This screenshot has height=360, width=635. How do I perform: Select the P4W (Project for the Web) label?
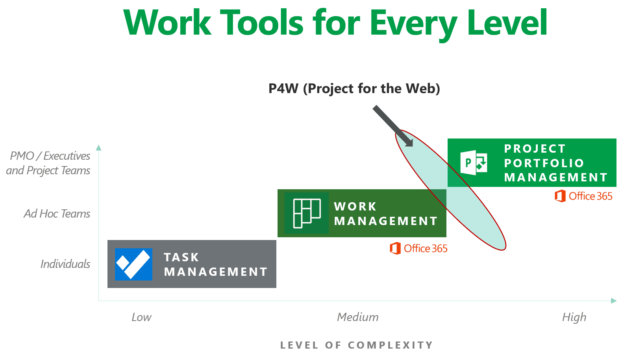click(x=354, y=89)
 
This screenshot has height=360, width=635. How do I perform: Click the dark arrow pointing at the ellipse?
click(x=393, y=126)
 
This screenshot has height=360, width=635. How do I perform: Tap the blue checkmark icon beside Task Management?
click(x=133, y=264)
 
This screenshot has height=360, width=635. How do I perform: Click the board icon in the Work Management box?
click(x=307, y=213)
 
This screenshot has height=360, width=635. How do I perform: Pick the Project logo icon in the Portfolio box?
click(x=474, y=162)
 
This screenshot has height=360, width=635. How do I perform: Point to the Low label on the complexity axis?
click(x=141, y=317)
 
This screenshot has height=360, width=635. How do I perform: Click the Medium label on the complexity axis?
click(x=358, y=317)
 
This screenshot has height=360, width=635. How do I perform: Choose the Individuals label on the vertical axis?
click(x=65, y=264)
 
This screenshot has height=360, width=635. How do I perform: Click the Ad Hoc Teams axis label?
click(x=57, y=214)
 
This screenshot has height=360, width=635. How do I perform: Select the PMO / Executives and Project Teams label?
click(x=48, y=163)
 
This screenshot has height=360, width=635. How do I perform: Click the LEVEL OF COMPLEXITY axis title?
click(x=357, y=345)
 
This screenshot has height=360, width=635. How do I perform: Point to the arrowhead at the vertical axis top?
click(x=99, y=148)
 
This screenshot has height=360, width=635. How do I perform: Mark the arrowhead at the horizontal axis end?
click(x=614, y=301)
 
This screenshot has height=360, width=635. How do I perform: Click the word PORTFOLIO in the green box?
click(x=544, y=163)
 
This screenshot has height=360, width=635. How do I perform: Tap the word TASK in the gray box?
click(x=181, y=257)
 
